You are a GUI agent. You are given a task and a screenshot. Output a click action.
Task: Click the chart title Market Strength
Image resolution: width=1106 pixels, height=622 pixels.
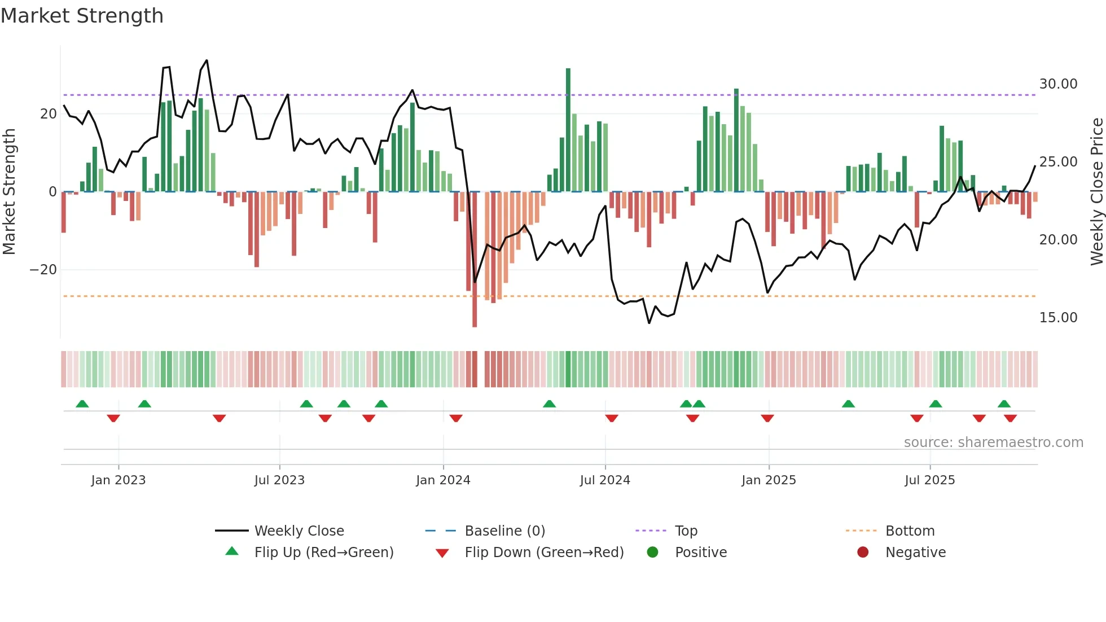point(82,16)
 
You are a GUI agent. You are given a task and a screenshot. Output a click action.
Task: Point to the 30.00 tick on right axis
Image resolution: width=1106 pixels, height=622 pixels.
point(1058,84)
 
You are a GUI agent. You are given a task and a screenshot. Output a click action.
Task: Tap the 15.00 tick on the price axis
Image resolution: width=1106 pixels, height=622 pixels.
point(1058,318)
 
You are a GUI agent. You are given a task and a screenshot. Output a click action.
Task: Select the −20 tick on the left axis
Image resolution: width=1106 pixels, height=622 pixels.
point(43,270)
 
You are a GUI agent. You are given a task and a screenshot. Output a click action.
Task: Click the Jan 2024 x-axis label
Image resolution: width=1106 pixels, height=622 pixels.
point(443,480)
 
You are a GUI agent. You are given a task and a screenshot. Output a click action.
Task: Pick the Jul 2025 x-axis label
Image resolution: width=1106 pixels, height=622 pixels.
point(929,480)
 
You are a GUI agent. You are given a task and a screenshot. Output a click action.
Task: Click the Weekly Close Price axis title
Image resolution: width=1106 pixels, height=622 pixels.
point(1096,192)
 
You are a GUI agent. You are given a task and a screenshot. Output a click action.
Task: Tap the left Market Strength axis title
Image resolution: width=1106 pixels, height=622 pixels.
point(10,192)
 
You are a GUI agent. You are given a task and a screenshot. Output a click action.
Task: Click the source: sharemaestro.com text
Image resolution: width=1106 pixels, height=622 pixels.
point(993,443)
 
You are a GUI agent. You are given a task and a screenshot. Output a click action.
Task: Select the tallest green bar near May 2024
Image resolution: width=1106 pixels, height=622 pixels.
point(568,130)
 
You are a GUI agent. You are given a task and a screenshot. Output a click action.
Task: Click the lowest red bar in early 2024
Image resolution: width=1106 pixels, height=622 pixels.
point(475,260)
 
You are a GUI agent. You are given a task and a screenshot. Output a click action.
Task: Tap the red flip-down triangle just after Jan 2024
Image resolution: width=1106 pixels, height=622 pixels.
point(456,418)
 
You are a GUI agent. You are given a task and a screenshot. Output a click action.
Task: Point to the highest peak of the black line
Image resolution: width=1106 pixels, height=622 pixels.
point(207,60)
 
